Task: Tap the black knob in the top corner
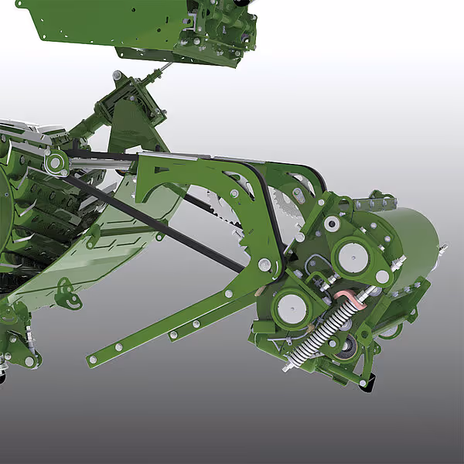[x=242, y=4]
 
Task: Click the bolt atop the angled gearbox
[x=117, y=75]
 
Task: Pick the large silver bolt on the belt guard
[x=265, y=265]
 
